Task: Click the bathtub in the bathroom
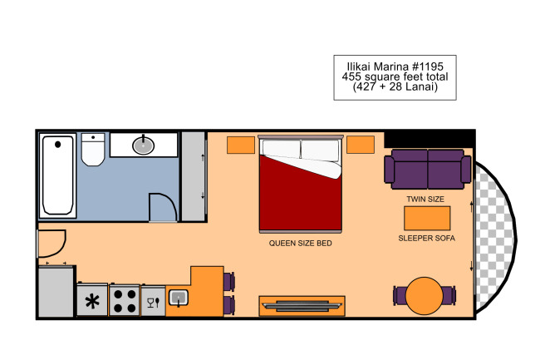[58, 175]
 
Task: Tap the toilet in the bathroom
[93, 150]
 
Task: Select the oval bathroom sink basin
[143, 145]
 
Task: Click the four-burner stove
[125, 300]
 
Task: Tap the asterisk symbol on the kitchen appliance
[92, 302]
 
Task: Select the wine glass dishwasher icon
[153, 303]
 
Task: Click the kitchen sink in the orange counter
[179, 298]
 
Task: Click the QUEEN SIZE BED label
[300, 244]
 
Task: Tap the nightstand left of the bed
[241, 145]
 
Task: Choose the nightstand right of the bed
[361, 145]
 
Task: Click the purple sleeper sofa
[427, 169]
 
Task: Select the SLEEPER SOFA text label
[426, 238]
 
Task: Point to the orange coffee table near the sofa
[427, 219]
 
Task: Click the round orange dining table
[425, 296]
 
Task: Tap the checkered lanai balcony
[494, 238]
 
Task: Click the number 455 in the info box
[351, 76]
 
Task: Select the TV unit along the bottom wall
[302, 306]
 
